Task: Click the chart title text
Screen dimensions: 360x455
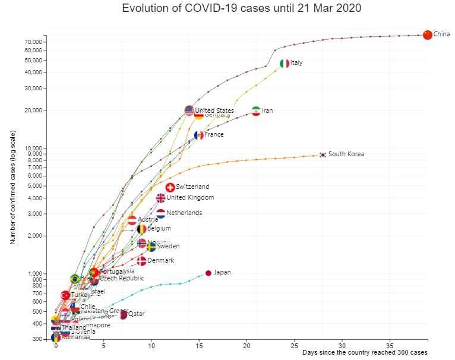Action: (241, 8)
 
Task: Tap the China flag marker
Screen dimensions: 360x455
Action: (427, 34)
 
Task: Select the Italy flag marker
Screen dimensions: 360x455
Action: (285, 63)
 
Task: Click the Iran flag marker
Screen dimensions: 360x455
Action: (256, 111)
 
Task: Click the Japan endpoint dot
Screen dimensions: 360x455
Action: (208, 273)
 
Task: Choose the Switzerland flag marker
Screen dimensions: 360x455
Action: (170, 187)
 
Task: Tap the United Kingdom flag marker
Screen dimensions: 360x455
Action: (161, 198)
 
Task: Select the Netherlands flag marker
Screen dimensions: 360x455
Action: (161, 213)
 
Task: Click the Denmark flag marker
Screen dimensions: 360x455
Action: (141, 261)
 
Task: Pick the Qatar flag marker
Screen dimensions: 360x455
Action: (123, 314)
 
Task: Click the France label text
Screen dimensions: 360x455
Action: (214, 135)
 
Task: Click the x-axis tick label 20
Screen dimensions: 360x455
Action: (247, 345)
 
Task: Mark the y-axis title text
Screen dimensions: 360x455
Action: (12, 187)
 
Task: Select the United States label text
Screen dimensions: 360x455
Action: (214, 111)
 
